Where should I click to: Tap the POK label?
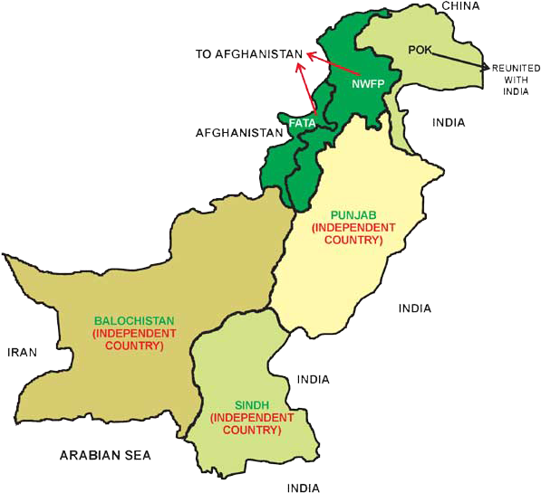click(420, 49)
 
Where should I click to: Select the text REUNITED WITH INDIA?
click(516, 80)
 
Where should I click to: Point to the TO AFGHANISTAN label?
click(249, 54)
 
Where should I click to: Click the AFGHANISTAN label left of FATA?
click(239, 132)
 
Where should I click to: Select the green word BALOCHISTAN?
click(134, 320)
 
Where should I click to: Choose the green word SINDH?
click(252, 405)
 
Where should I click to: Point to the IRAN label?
click(22, 353)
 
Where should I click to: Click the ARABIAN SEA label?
click(105, 455)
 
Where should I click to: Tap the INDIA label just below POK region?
click(449, 122)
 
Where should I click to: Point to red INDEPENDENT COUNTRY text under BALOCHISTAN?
click(134, 339)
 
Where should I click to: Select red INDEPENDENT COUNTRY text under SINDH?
click(252, 424)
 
